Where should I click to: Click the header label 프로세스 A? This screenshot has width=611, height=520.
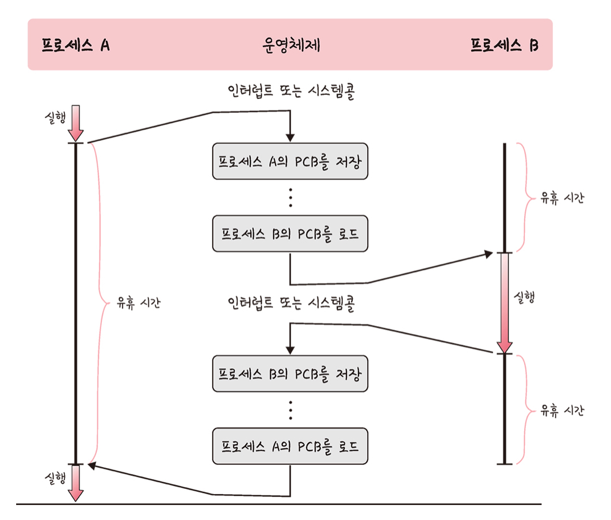click(75, 45)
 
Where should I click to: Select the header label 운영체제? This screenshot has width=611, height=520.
click(290, 45)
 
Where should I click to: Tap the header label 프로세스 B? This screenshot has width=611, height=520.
click(504, 45)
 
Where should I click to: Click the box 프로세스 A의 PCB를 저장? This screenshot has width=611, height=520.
click(290, 161)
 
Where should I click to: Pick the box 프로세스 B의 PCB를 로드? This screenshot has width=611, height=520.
click(290, 234)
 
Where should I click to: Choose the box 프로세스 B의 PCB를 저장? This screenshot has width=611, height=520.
click(290, 374)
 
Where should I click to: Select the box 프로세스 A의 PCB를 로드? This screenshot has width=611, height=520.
click(290, 446)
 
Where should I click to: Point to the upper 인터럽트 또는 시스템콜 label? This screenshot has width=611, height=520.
click(291, 92)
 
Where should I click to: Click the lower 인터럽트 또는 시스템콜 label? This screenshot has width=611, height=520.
click(291, 304)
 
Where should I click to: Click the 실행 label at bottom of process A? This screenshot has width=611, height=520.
click(55, 477)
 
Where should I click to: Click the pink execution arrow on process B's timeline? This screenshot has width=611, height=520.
click(505, 303)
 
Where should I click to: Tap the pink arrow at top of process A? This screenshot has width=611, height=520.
click(76, 122)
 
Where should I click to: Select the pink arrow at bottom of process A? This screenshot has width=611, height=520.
click(76, 482)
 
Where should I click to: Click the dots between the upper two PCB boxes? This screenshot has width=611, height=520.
click(291, 197)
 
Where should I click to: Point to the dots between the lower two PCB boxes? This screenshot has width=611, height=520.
click(291, 410)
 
